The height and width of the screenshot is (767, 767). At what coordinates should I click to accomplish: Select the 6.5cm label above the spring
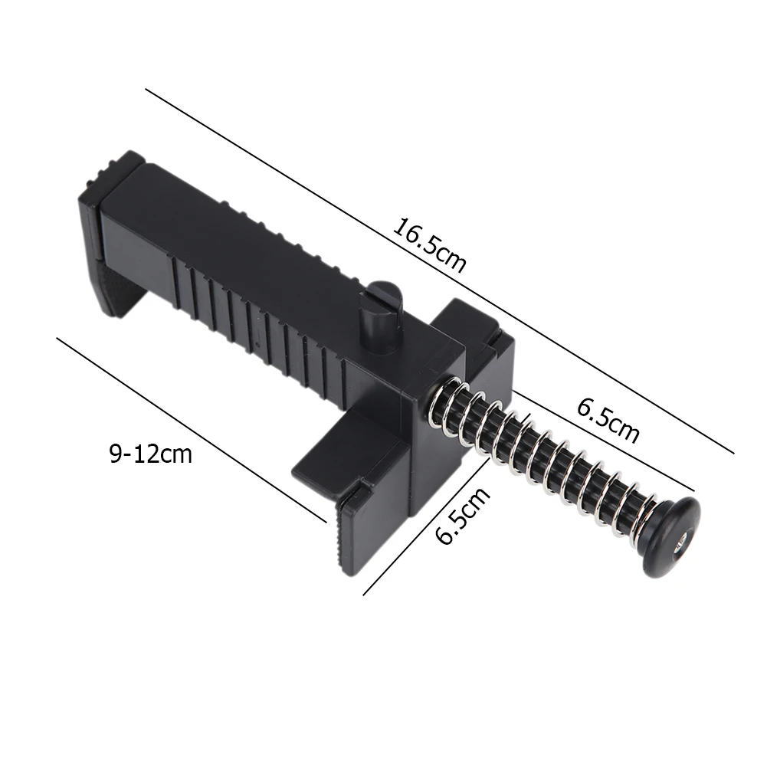point(608,419)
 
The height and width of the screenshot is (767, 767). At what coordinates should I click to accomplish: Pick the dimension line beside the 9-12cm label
point(192,429)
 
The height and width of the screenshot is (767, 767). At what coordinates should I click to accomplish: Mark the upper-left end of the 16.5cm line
point(146,90)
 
